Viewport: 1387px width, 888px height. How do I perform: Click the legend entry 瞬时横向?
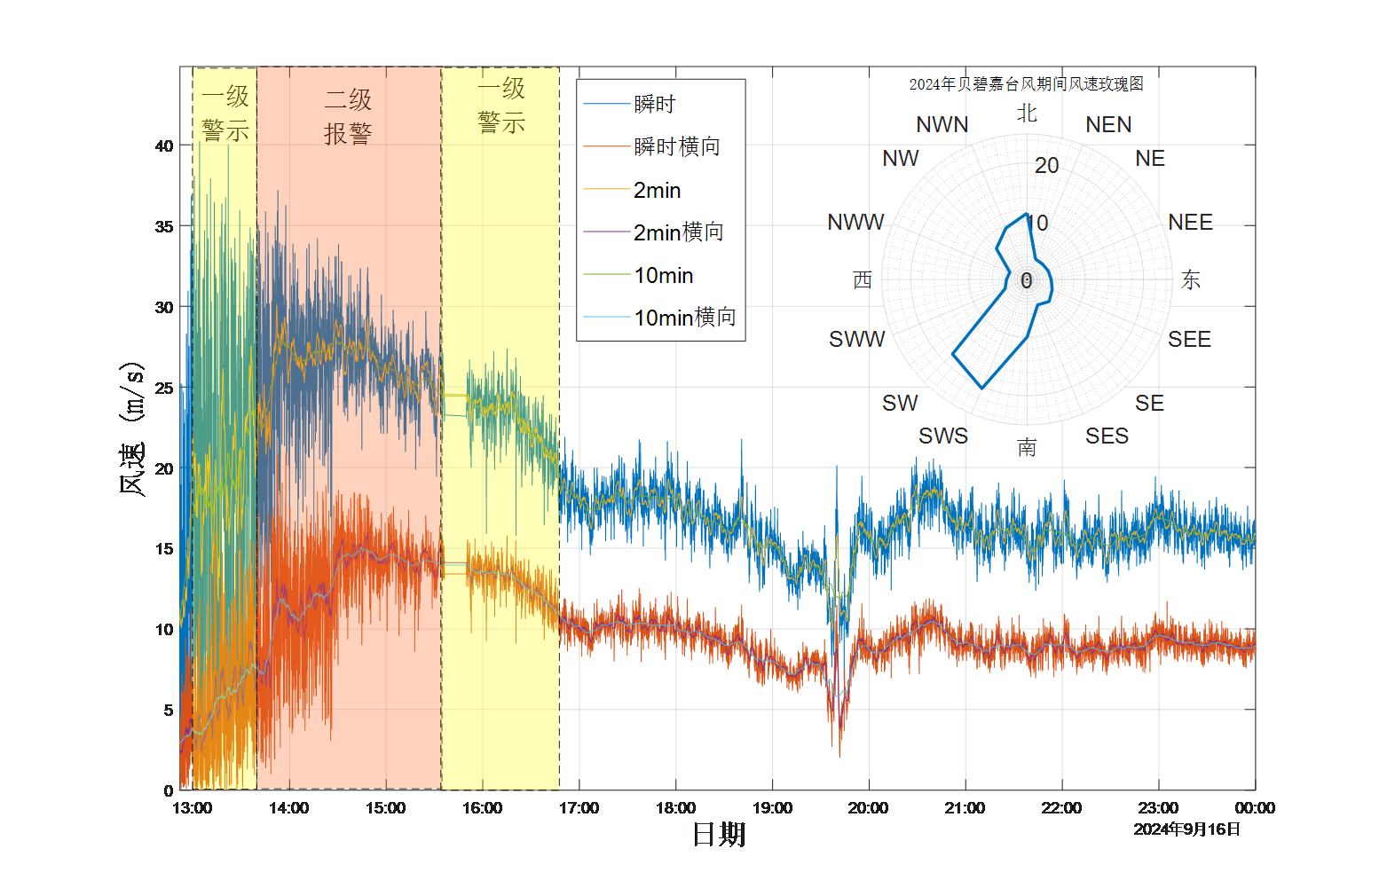click(x=677, y=146)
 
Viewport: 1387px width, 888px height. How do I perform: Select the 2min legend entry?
click(x=658, y=190)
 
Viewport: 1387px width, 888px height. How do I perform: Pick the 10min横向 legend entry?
click(x=685, y=318)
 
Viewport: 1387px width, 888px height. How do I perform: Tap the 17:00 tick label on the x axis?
click(x=579, y=808)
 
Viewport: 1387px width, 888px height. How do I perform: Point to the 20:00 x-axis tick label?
click(x=868, y=808)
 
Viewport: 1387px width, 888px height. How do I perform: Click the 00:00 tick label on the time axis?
click(x=1255, y=808)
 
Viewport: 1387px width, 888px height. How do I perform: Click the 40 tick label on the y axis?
click(x=164, y=146)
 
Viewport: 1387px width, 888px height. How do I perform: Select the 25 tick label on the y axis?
click(x=164, y=388)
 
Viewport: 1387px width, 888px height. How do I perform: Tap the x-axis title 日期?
click(x=719, y=834)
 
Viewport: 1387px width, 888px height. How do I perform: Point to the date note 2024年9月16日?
click(x=1187, y=829)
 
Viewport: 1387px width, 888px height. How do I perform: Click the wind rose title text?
click(x=1026, y=84)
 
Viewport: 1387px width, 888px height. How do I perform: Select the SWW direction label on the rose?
click(x=856, y=339)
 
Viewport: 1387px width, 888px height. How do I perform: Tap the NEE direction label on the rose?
click(x=1190, y=222)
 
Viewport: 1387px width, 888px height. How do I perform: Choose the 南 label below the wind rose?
click(x=1027, y=447)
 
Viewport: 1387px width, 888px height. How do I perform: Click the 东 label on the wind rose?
click(x=1191, y=280)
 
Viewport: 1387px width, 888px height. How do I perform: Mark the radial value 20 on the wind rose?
click(x=1047, y=165)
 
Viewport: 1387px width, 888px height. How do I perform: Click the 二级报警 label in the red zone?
click(x=348, y=116)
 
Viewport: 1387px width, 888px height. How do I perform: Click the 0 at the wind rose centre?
click(x=1027, y=280)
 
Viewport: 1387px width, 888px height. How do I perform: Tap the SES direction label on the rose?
click(x=1107, y=436)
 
